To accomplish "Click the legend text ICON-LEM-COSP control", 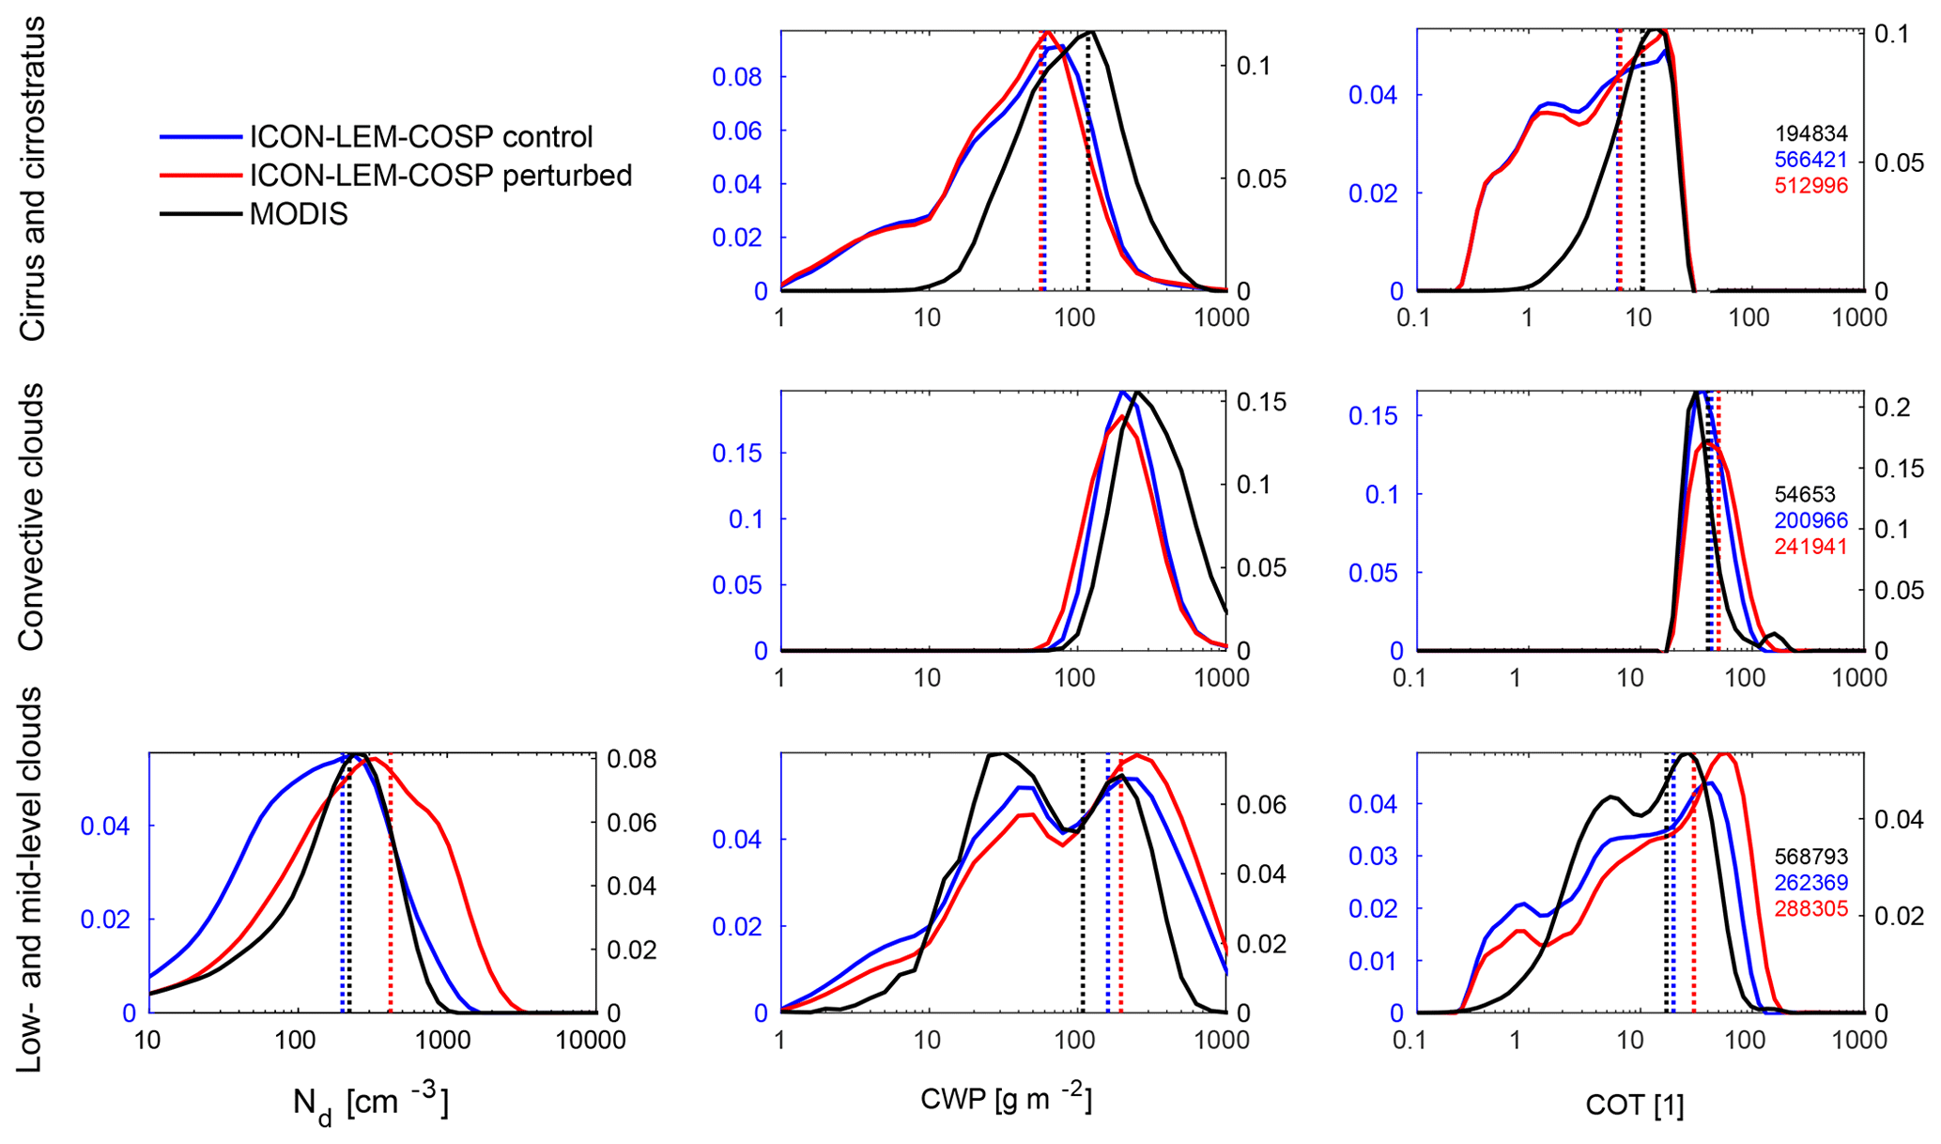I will [421, 137].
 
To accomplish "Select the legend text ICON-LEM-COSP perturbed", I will [440, 176].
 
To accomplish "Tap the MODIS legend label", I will [299, 215].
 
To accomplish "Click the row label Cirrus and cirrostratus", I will [33, 178].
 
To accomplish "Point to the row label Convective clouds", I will [33, 517].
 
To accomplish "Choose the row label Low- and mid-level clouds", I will [33, 879].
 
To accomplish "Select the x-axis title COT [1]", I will [1634, 1105].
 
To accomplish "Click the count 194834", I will [1810, 134].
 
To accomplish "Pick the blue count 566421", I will [1810, 161].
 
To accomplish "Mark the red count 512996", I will [1810, 186].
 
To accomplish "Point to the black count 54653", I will [1804, 494].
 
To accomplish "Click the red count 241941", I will [1810, 547].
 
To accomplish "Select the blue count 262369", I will [1810, 883].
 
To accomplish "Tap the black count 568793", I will [1810, 857].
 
